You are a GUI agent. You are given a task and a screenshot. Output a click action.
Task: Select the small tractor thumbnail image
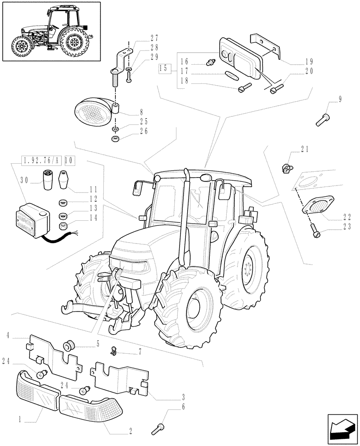[51, 31]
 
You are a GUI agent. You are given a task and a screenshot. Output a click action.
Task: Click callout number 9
[340, 100]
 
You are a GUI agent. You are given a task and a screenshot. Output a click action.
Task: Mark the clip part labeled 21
[286, 168]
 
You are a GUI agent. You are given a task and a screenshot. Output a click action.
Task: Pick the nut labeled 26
[115, 140]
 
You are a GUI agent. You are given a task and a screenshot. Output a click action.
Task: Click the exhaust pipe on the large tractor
[184, 219]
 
